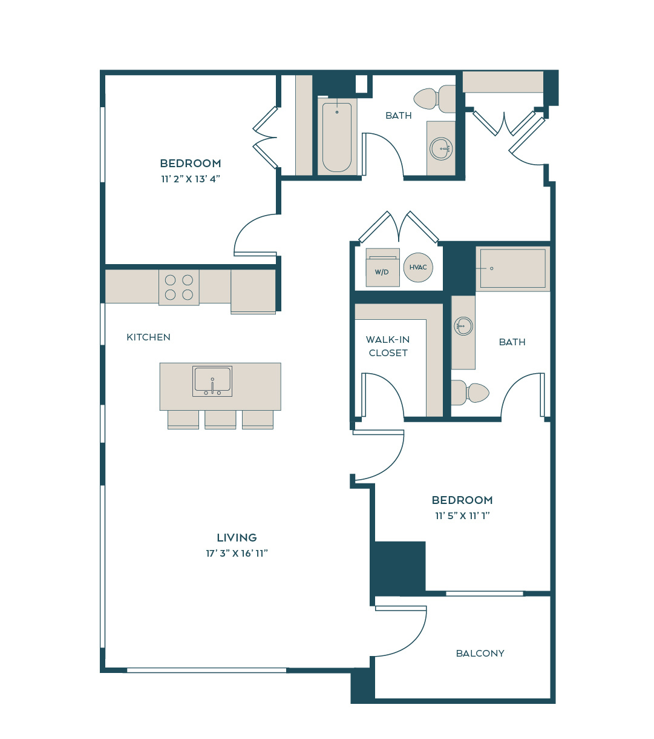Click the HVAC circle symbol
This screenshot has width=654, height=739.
pyautogui.click(x=418, y=267)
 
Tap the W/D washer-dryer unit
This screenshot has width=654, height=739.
pyautogui.click(x=382, y=267)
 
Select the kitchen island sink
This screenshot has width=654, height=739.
pyautogui.click(x=212, y=381)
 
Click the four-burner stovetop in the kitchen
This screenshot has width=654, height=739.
pyautogui.click(x=179, y=288)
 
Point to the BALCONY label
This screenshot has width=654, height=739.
pyautogui.click(x=480, y=653)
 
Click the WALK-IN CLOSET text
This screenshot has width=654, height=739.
pyautogui.click(x=388, y=346)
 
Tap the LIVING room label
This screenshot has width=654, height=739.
pyautogui.click(x=237, y=538)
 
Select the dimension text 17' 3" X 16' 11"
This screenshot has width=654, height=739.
pyautogui.click(x=237, y=553)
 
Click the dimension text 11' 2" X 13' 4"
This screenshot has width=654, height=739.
pyautogui.click(x=191, y=179)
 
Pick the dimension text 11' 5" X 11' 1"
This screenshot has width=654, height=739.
pyautogui.click(x=462, y=515)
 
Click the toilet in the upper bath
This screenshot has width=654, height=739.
pyautogui.click(x=434, y=99)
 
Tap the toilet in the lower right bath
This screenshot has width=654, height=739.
pyautogui.click(x=470, y=393)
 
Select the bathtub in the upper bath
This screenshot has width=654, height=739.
pyautogui.click(x=337, y=137)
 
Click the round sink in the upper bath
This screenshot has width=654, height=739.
pyautogui.click(x=441, y=148)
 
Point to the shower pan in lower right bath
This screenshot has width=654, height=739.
pyautogui.click(x=512, y=268)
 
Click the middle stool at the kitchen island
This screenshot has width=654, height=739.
pyautogui.click(x=220, y=419)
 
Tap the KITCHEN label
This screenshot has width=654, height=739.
pyautogui.click(x=148, y=337)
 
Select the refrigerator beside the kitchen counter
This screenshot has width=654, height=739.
pyautogui.click(x=253, y=291)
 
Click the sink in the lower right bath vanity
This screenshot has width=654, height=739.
pyautogui.click(x=463, y=326)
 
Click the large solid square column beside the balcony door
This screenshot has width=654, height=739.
pyautogui.click(x=400, y=566)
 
